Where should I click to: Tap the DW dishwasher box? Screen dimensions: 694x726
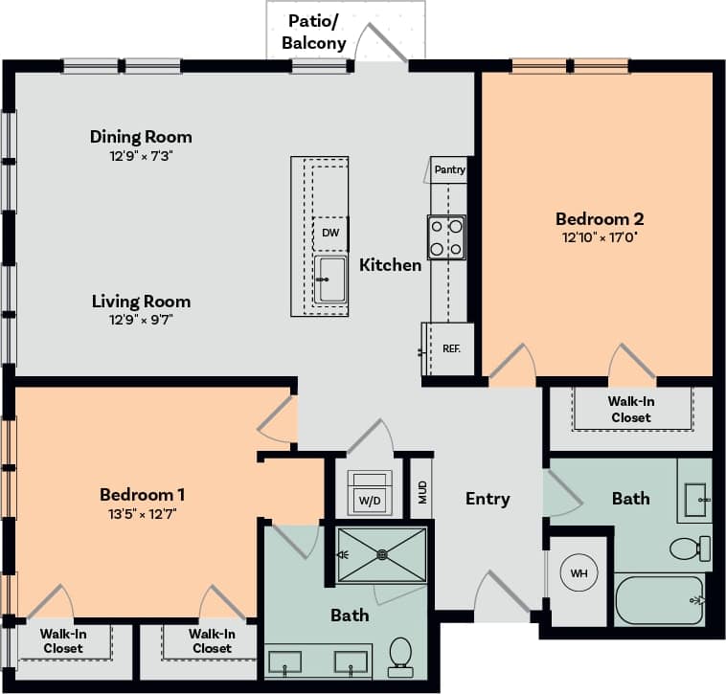click(x=330, y=233)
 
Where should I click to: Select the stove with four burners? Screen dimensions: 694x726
click(x=446, y=236)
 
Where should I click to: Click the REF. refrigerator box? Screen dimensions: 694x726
click(x=451, y=348)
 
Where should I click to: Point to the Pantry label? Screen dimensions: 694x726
click(x=449, y=169)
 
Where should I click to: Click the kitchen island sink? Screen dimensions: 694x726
click(x=331, y=279)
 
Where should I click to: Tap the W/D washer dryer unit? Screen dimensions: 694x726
click(x=369, y=495)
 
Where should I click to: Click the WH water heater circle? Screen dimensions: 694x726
click(x=579, y=573)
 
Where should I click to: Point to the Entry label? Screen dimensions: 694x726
click(x=488, y=499)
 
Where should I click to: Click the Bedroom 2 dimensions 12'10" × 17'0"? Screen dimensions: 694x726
click(x=599, y=236)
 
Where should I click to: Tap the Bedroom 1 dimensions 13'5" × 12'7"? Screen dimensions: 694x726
click(x=142, y=513)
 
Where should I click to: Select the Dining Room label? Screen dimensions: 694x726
click(x=141, y=137)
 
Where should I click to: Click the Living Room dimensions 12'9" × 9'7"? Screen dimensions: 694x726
click(x=141, y=320)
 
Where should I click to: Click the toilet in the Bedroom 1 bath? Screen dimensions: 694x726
click(x=401, y=653)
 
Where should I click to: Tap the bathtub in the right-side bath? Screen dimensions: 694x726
click(x=659, y=599)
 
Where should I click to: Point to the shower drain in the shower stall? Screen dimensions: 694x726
click(x=382, y=553)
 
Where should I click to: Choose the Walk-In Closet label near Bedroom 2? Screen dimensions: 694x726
click(x=630, y=410)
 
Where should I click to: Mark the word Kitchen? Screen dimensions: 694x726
click(x=390, y=265)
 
